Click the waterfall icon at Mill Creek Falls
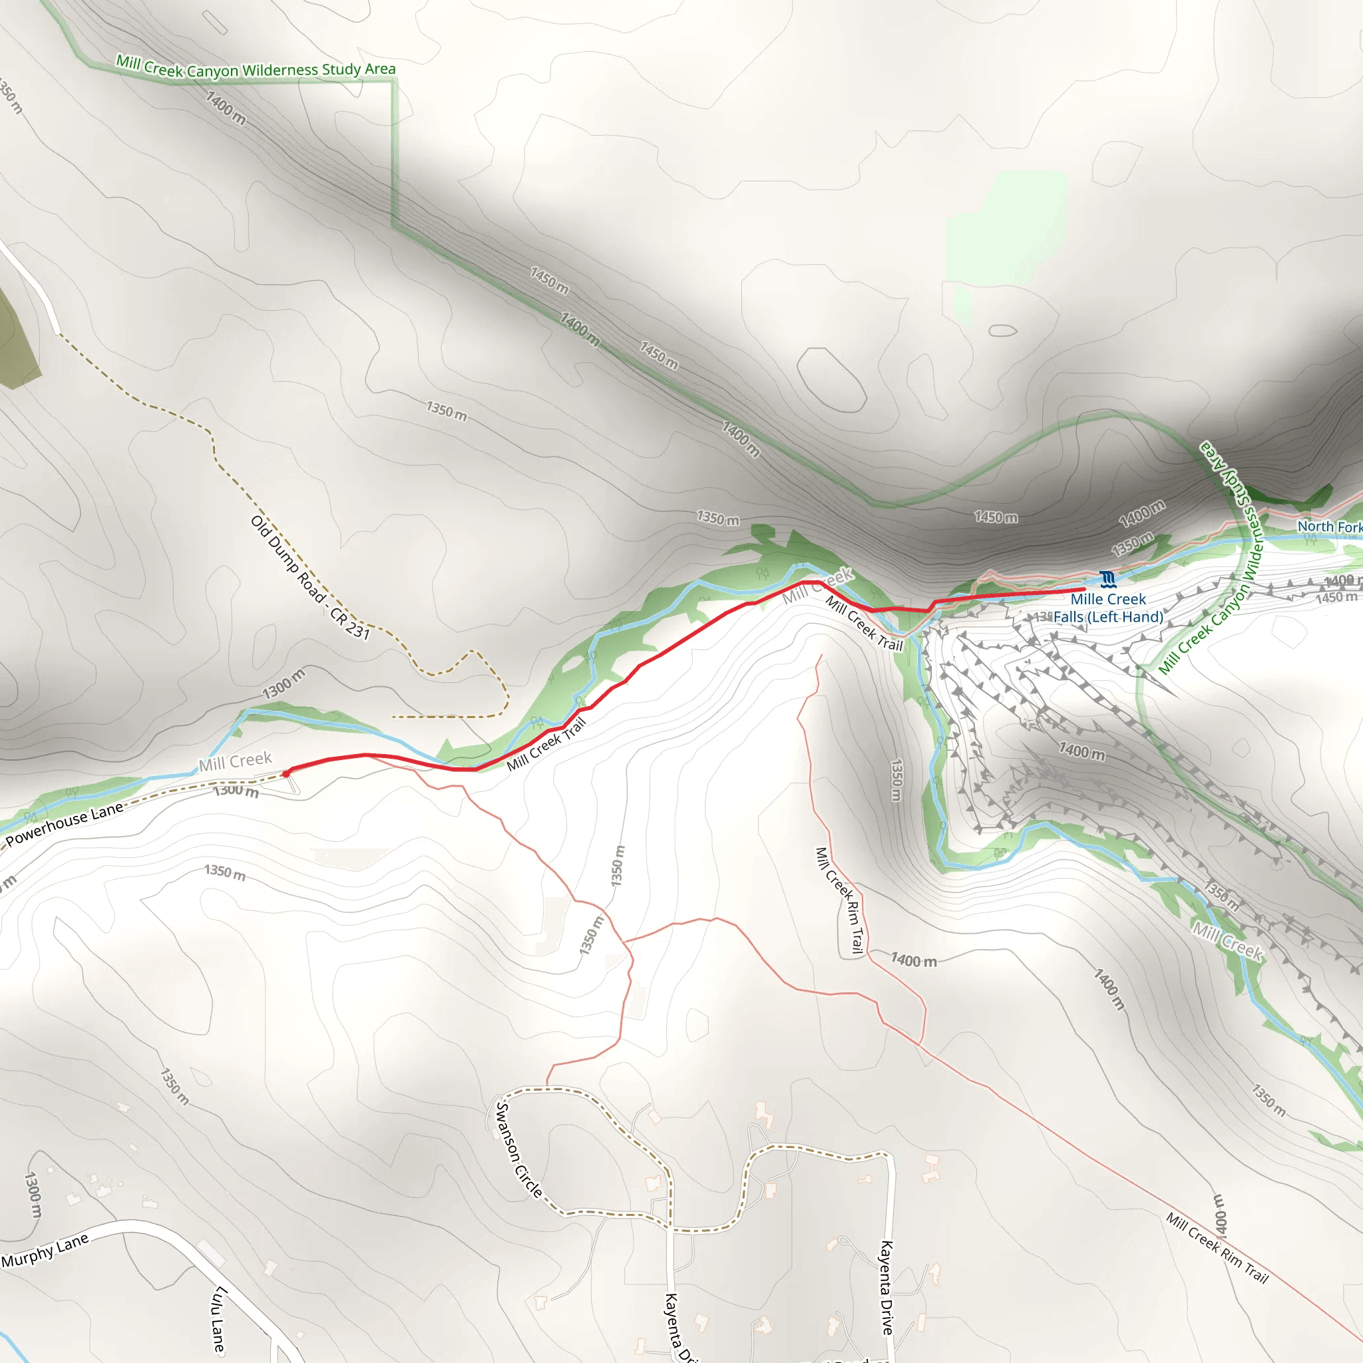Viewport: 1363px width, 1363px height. click(1107, 580)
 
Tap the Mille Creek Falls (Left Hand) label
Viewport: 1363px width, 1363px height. click(1107, 608)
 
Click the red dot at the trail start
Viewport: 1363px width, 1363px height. click(286, 773)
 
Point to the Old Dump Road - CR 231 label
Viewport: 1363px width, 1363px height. click(309, 577)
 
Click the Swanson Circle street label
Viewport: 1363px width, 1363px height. click(518, 1150)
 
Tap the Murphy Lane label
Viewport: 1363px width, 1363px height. click(45, 1250)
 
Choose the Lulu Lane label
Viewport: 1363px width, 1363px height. click(220, 1319)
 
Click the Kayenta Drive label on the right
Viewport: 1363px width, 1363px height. click(886, 1288)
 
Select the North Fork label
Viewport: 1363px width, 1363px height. click(1329, 527)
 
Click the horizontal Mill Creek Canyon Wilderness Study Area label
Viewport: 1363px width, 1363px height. click(256, 69)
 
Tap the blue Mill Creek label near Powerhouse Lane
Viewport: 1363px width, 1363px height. click(235, 761)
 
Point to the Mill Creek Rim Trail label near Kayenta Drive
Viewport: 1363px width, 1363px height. click(838, 900)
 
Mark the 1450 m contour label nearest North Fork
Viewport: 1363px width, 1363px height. click(1336, 598)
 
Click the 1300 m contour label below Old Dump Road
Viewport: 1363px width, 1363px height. click(284, 683)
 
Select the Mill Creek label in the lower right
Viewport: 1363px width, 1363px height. click(1227, 941)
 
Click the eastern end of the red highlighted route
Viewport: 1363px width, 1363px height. click(1083, 589)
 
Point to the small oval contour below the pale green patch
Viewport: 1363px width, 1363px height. click(1002, 330)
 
